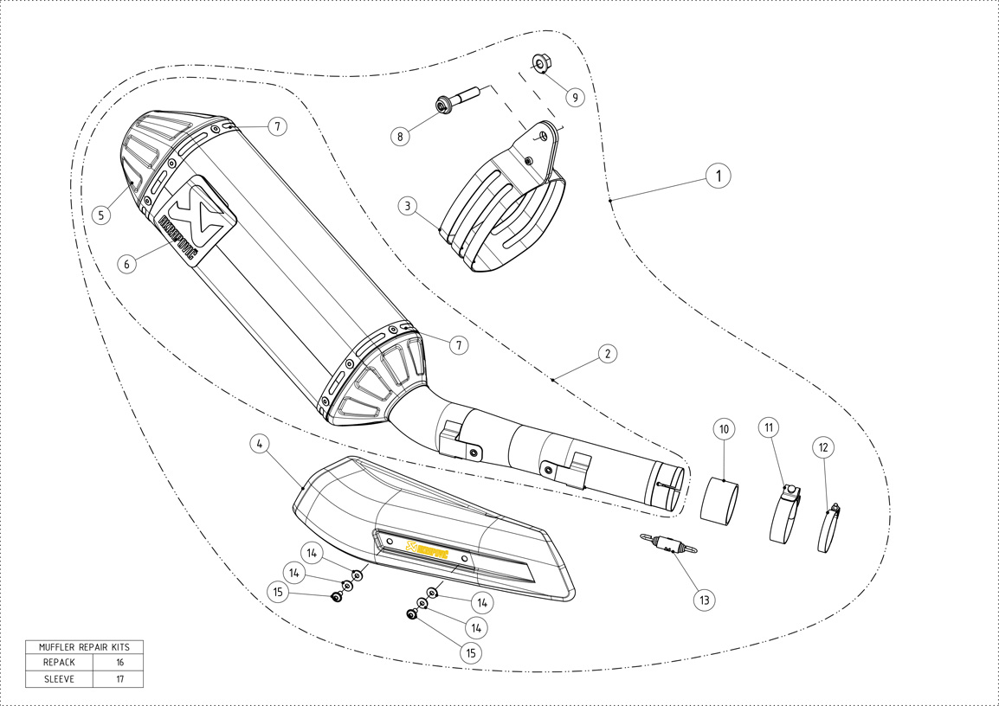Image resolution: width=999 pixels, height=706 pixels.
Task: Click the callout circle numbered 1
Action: pos(717,176)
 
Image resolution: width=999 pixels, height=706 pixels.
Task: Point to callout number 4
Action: pos(258,444)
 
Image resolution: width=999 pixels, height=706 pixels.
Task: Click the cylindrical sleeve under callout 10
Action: pos(719,501)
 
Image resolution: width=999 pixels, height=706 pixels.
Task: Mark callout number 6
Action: pos(127,264)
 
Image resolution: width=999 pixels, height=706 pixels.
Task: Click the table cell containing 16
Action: pos(119,662)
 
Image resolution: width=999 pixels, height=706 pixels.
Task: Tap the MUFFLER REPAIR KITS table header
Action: pos(84,646)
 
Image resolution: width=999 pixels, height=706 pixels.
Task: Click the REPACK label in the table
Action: pos(60,662)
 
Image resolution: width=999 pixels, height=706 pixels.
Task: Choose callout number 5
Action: pos(102,215)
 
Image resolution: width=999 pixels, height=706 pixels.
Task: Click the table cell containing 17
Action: pos(119,679)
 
